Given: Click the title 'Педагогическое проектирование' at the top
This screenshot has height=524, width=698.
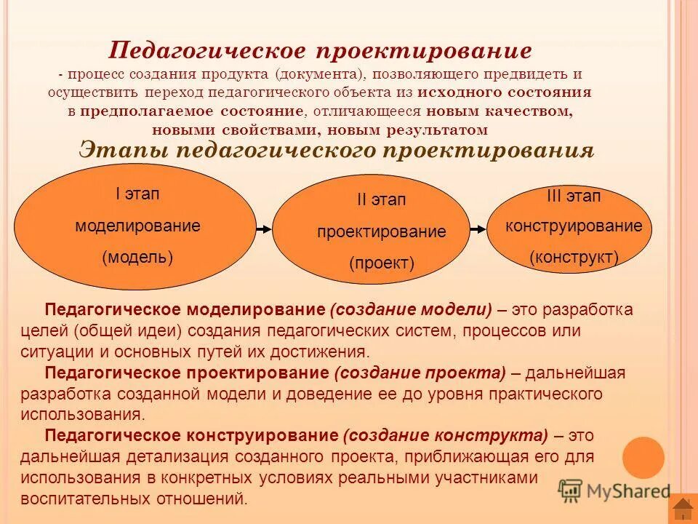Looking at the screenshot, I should pos(320,51).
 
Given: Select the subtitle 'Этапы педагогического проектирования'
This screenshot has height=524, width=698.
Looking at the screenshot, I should pos(336,150).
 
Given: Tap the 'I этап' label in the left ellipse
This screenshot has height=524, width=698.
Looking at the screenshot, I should pos(137,194).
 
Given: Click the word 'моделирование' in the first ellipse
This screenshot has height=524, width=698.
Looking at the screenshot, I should pos(137,226).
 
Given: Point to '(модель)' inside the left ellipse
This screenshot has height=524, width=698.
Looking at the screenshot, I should pos(137,257).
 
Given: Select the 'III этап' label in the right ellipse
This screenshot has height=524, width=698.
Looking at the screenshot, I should pos(574,196).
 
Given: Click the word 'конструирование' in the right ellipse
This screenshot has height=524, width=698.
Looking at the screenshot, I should pos(574,226).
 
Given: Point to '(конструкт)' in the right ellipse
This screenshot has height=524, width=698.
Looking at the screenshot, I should pos(574,256).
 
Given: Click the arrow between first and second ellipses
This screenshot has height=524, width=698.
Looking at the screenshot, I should pos(264,229).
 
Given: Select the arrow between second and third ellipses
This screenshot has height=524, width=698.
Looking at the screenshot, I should pos(478,229).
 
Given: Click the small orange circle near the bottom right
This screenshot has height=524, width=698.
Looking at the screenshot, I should pos(643,458).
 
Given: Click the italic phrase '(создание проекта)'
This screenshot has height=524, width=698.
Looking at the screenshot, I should pos(420,373).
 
